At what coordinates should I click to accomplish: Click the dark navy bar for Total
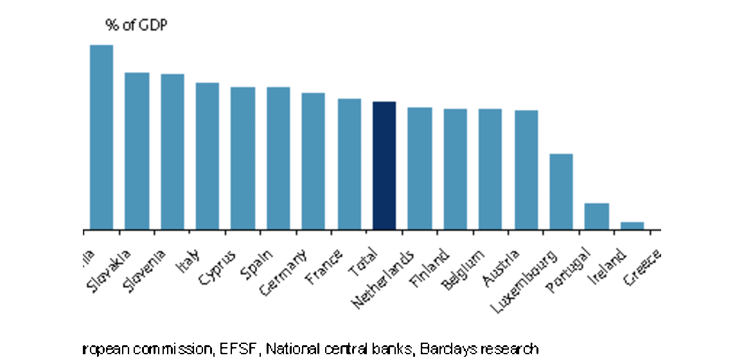[x=384, y=166]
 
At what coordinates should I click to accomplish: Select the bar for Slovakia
[x=136, y=151]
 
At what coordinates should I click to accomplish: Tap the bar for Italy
[x=207, y=156]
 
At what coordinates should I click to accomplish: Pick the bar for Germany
[x=313, y=161]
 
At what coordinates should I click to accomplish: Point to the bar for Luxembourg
[x=561, y=192]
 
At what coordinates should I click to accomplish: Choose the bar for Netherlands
[x=420, y=168]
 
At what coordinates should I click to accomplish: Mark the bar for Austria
[x=526, y=170]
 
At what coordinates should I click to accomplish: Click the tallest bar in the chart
[x=101, y=138]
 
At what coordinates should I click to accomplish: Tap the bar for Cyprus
[x=243, y=158]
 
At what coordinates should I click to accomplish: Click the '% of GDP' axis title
[x=136, y=26]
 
